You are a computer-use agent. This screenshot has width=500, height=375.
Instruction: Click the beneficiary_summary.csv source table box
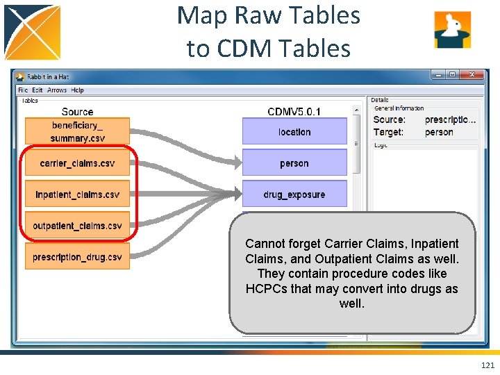click(77, 131)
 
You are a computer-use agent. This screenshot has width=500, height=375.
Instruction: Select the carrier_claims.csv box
click(77, 163)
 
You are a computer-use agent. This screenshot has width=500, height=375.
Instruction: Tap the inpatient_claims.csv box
click(77, 194)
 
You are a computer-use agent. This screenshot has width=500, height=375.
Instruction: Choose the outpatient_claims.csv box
click(77, 226)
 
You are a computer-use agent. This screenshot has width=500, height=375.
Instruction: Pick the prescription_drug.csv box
click(77, 257)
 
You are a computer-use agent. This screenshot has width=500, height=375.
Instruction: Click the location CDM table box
click(294, 131)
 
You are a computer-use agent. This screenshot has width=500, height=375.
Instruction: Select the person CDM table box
click(294, 163)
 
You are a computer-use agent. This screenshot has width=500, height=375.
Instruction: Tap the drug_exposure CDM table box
click(294, 194)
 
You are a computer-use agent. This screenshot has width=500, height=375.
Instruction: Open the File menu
click(23, 90)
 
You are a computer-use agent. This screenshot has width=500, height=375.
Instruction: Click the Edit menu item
click(37, 90)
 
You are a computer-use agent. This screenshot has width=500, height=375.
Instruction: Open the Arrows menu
click(57, 90)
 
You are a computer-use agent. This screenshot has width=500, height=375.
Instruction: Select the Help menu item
click(78, 90)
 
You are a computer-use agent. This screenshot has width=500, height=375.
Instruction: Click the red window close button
click(474, 75)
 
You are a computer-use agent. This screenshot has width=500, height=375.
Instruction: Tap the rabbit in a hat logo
click(452, 30)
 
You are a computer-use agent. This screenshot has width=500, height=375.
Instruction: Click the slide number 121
click(487, 365)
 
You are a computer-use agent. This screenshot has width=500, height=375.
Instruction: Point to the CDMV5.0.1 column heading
click(294, 112)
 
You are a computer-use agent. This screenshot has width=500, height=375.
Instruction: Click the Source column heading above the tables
click(77, 112)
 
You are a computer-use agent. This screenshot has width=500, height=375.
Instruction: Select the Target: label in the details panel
click(388, 132)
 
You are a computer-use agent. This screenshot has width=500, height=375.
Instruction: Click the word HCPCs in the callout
click(269, 289)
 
